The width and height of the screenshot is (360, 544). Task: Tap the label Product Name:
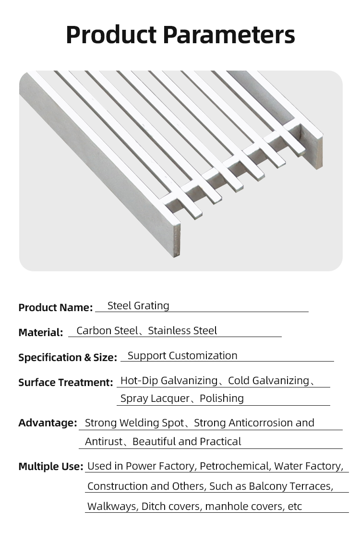[55, 308]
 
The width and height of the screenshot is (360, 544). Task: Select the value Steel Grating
[138, 306]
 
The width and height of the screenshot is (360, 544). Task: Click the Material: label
[40, 333]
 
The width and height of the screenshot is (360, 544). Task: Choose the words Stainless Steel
[182, 331]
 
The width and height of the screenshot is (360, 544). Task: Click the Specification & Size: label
[67, 358]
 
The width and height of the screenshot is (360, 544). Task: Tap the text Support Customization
[182, 356]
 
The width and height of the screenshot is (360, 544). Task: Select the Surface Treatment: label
[65, 383]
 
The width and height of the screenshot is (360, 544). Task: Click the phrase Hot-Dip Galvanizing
[168, 381]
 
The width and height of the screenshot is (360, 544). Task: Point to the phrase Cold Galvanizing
[268, 381]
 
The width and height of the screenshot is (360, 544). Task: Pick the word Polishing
[222, 399]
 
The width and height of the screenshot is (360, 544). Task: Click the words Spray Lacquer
[155, 399]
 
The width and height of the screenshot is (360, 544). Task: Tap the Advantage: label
[48, 423]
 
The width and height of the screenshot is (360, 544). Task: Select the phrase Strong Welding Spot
[134, 423]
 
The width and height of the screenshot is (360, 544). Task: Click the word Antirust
[104, 442]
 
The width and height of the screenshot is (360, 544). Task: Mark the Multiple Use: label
[50, 467]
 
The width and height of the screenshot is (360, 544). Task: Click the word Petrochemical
[234, 466]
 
